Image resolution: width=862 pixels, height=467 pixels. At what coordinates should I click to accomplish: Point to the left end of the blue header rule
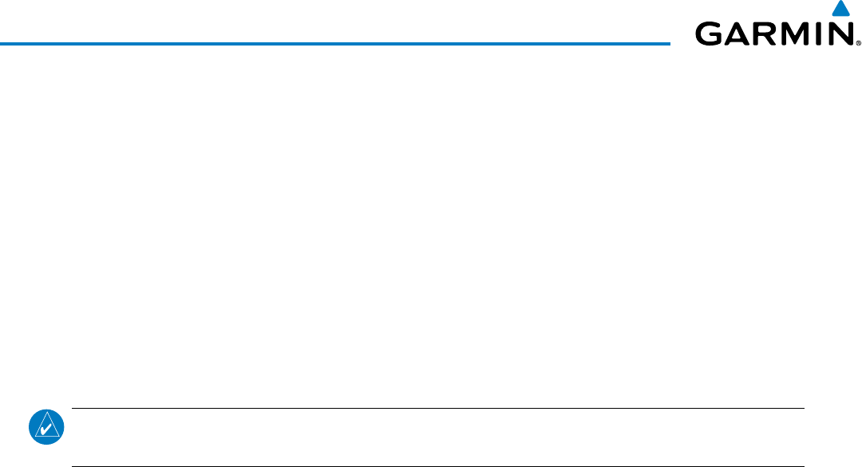click(1, 43)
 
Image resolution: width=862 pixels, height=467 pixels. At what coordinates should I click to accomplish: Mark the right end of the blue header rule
click(670, 43)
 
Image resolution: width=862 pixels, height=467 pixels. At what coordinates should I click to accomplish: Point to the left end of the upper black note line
click(73, 409)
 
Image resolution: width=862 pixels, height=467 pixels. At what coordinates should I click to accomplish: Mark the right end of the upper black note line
click(803, 409)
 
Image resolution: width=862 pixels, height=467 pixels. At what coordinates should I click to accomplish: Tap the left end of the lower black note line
click(73, 466)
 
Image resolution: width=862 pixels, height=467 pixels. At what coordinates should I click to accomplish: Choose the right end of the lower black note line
click(803, 466)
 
